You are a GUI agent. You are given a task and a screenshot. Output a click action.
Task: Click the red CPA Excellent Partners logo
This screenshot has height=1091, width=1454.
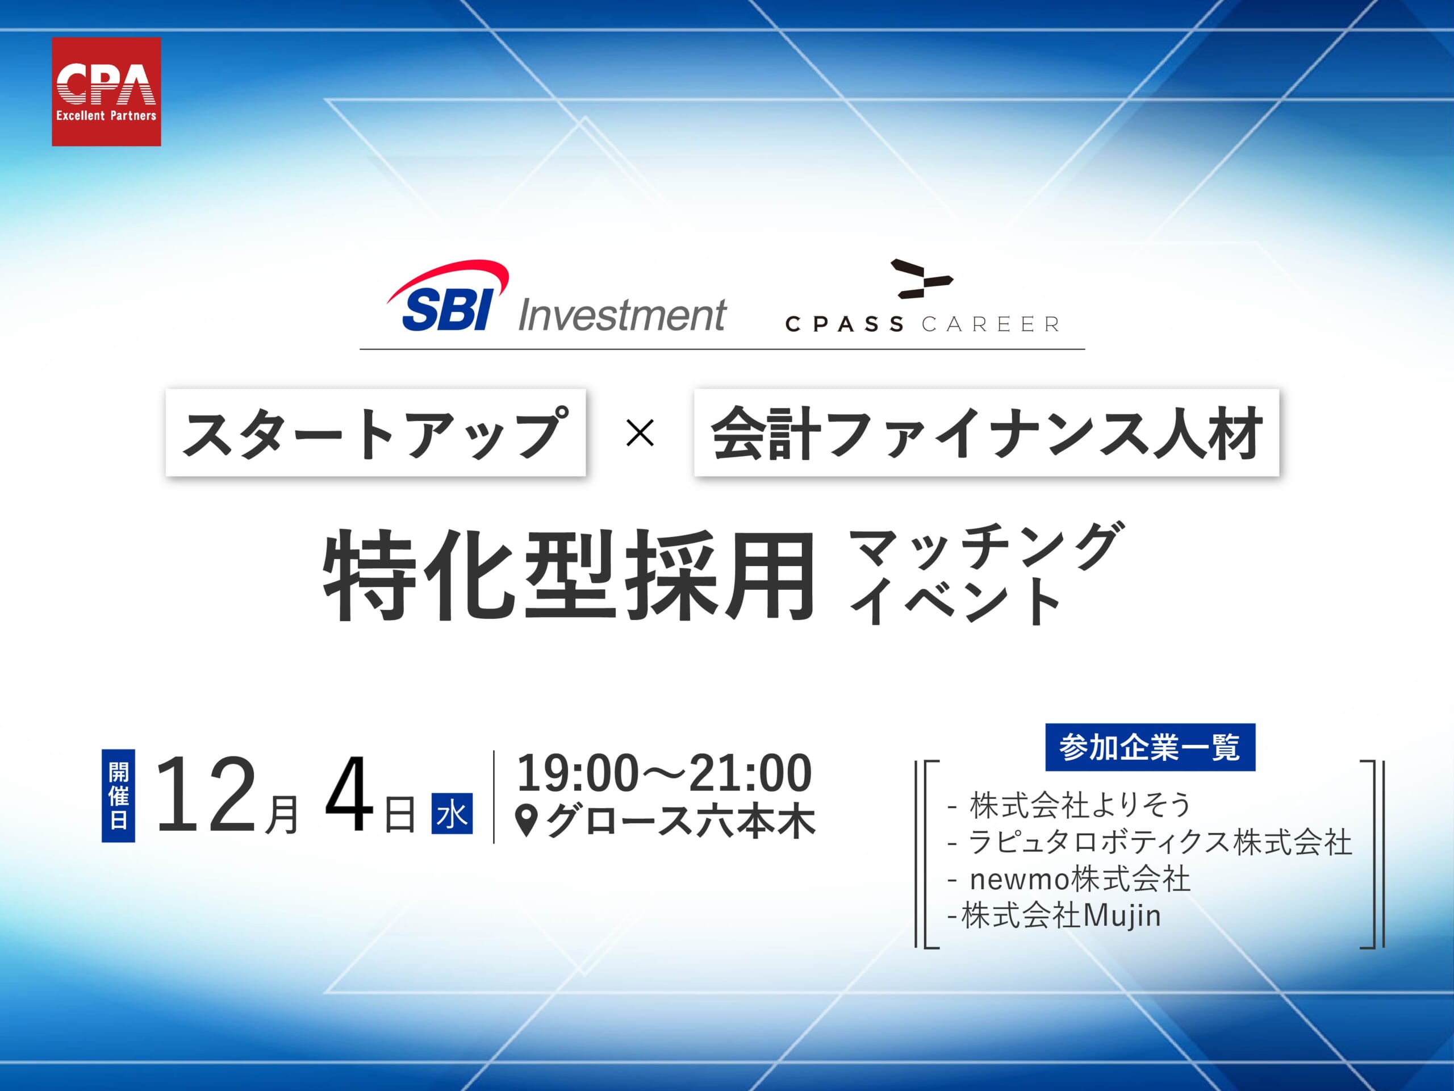tap(106, 91)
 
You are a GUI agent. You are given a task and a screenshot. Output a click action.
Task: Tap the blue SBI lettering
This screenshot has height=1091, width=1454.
tap(446, 310)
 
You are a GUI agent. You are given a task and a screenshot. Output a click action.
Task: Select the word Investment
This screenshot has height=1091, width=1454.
tap(622, 315)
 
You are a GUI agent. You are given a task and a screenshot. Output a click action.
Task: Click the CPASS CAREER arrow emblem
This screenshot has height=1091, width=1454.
tap(920, 280)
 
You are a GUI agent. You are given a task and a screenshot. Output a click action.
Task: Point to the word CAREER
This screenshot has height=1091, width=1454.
tap(990, 324)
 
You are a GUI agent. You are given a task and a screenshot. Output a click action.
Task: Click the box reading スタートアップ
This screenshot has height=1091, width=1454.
tap(375, 433)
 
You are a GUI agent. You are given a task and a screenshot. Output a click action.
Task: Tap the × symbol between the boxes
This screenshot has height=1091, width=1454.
tap(640, 434)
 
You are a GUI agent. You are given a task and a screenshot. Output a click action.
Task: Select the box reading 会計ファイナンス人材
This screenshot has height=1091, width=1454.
tap(986, 433)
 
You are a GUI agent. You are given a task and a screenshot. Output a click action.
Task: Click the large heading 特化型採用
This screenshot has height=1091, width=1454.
tap(569, 577)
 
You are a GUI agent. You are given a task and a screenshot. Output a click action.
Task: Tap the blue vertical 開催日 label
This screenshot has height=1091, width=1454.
tap(118, 795)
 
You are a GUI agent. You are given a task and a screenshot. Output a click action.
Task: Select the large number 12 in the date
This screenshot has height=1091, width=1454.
tap(206, 795)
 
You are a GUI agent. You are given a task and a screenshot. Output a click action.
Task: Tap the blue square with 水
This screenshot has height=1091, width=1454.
tap(452, 814)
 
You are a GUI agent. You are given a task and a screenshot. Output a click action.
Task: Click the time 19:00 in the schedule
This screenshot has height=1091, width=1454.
tap(577, 773)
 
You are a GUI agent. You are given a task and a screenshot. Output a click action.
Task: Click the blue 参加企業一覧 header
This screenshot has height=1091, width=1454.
tap(1150, 747)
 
